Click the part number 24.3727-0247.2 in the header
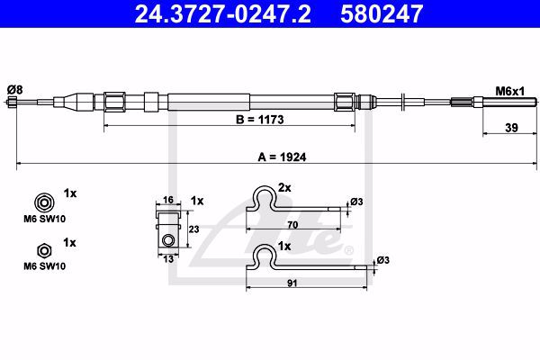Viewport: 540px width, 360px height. [x=223, y=13]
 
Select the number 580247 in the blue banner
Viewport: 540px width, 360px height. [x=382, y=13]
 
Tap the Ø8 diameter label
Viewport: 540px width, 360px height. [x=14, y=90]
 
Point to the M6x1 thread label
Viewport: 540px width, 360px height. [x=510, y=91]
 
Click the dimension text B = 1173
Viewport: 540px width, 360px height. [x=260, y=120]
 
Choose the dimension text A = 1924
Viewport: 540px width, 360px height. [x=282, y=157]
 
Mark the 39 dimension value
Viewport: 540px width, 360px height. [x=511, y=128]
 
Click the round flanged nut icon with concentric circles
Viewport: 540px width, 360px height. [x=44, y=202]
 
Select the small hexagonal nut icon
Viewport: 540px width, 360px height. [x=44, y=251]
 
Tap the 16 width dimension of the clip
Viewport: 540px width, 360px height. [x=168, y=200]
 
